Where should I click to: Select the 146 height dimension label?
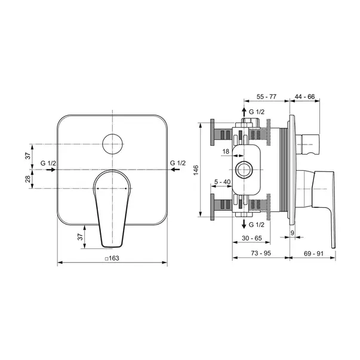click(x=196, y=170)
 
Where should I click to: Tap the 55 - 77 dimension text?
click(x=266, y=97)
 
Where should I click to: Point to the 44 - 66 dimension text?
click(x=304, y=97)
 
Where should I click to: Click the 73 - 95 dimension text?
click(x=261, y=253)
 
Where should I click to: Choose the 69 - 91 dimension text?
click(x=313, y=254)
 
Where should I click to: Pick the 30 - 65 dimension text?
click(x=251, y=238)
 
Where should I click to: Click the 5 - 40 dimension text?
click(x=222, y=182)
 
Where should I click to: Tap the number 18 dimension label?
click(x=226, y=151)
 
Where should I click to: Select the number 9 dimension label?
click(x=293, y=233)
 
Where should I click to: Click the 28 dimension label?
click(x=28, y=179)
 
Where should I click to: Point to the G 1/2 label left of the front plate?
click(x=48, y=163)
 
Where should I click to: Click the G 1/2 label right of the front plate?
click(x=178, y=163)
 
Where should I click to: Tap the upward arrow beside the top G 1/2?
click(x=244, y=112)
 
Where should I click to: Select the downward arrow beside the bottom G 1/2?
click(x=244, y=224)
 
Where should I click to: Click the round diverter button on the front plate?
click(x=112, y=144)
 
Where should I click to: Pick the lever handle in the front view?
click(x=112, y=208)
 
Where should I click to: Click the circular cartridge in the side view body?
click(x=244, y=170)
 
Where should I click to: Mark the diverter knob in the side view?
click(x=307, y=144)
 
